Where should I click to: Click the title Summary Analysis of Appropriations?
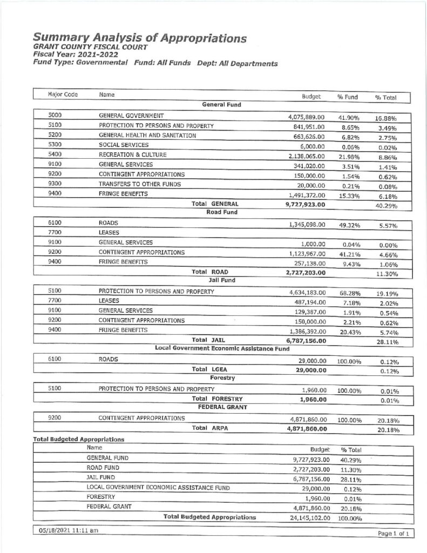pyautogui.click(x=140, y=38)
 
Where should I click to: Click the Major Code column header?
pyautogui.click(x=63, y=95)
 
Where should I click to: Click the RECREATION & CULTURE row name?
pyautogui.click(x=125, y=154)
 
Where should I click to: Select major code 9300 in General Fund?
pyautogui.click(x=56, y=184)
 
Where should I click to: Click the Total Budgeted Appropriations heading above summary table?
pyautogui.click(x=79, y=439)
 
